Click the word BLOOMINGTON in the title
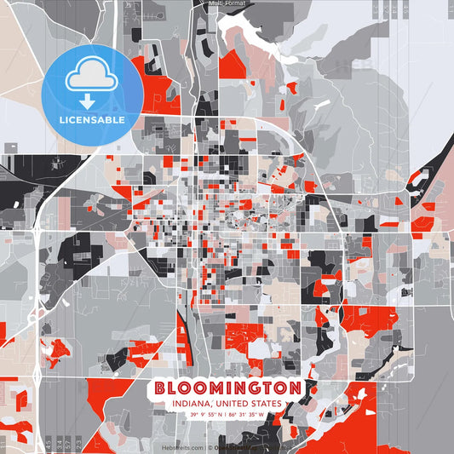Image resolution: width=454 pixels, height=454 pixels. click(227, 388)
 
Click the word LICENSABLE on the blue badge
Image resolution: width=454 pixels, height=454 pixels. click(91, 120)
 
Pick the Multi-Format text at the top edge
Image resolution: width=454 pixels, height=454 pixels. click(227, 3)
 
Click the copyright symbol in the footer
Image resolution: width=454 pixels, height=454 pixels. click(210, 447)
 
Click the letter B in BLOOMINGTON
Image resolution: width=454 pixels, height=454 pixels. click(162, 388)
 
